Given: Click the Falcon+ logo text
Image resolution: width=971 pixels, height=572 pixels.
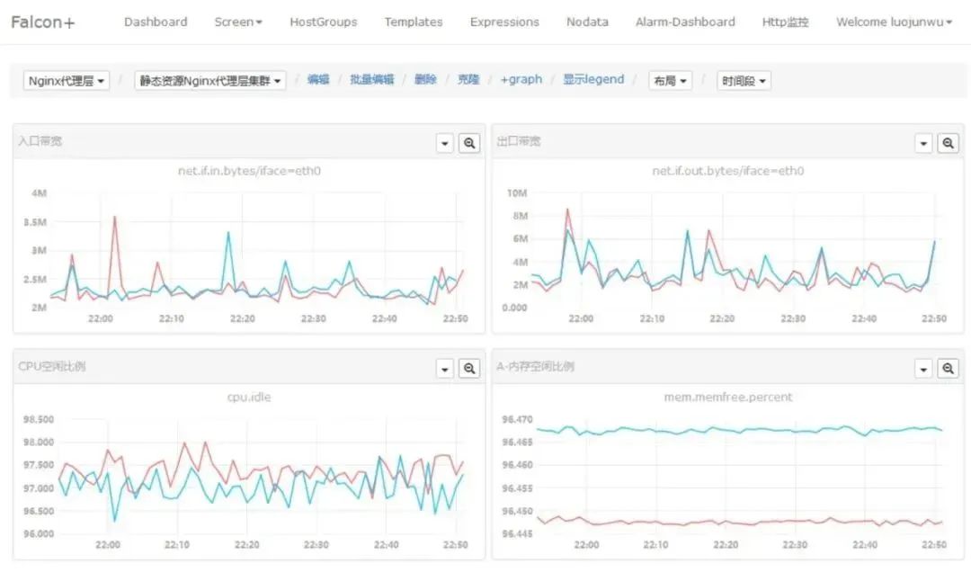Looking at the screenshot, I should [x=42, y=22].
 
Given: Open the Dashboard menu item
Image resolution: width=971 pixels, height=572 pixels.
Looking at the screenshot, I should [x=156, y=22].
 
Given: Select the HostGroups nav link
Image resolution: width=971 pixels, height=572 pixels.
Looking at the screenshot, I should [x=323, y=22].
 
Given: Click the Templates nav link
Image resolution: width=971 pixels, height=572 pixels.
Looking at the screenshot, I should [x=414, y=22].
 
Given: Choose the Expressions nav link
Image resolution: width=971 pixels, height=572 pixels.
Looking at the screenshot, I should [x=504, y=22].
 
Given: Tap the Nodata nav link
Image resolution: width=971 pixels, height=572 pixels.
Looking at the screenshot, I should [x=587, y=22].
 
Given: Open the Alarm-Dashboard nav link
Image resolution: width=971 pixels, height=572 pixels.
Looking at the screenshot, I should [x=685, y=22].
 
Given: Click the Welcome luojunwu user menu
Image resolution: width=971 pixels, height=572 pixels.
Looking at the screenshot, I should [x=894, y=22].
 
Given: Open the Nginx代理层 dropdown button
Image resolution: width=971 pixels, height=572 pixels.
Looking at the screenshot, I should [x=67, y=81].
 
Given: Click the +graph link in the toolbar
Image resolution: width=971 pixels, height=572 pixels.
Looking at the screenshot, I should [x=521, y=80].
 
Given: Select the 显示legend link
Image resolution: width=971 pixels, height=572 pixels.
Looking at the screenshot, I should [x=593, y=80].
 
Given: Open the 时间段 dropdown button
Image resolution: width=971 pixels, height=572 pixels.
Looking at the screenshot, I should [x=744, y=81].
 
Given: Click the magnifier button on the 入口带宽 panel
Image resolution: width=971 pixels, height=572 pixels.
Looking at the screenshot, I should [x=469, y=143].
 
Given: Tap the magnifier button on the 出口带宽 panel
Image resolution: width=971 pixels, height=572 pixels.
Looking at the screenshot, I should [x=949, y=143].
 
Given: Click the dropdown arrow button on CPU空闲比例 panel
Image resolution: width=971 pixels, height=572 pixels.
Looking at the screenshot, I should [x=444, y=368].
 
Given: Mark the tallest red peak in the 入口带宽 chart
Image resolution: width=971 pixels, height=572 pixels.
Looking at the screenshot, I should [x=114, y=217].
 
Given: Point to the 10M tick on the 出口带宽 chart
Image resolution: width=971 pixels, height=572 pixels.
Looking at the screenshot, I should [x=516, y=193].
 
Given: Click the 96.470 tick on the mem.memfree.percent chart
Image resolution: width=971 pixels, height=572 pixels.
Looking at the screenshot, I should [x=517, y=419].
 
